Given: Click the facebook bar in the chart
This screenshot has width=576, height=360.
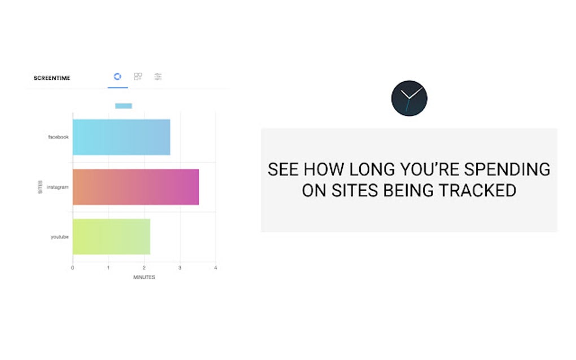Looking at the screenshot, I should (121, 137).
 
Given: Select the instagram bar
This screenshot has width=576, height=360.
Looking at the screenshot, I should (136, 187).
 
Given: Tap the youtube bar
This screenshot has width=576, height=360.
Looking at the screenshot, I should (111, 236).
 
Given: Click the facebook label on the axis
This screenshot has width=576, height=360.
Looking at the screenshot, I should (58, 137).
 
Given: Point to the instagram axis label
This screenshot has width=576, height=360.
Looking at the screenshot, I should (58, 187).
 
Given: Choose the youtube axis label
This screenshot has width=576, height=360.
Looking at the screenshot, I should (59, 237).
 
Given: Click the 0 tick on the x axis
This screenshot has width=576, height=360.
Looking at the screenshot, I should (72, 267).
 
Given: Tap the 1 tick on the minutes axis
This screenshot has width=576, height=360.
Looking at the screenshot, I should (108, 267).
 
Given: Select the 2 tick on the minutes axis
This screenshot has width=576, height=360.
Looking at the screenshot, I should (144, 267).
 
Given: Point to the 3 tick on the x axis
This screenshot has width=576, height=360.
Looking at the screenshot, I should (180, 267).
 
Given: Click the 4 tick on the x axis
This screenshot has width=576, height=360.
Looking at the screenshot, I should (216, 267).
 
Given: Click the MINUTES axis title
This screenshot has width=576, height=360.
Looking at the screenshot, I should (144, 277).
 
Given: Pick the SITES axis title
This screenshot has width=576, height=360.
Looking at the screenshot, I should (40, 187).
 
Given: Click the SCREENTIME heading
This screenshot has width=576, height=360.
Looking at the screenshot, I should (52, 78).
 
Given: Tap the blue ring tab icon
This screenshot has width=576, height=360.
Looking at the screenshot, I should (117, 76).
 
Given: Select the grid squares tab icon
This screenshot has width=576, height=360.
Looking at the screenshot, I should (138, 76).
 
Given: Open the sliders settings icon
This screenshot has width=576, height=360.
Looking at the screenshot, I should (158, 76).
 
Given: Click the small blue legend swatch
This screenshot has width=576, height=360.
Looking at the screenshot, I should (123, 106).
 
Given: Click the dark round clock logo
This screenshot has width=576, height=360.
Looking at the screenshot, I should (409, 98).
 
